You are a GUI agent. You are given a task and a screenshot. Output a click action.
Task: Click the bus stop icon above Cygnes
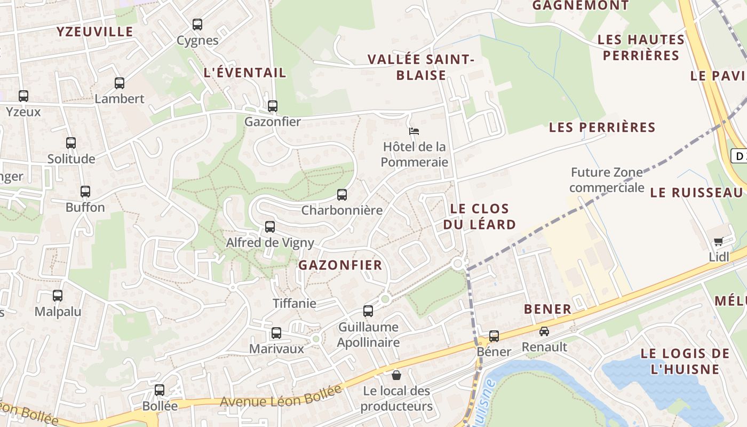tap(197, 25)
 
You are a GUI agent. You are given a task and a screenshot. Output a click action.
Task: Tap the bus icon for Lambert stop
tap(120, 83)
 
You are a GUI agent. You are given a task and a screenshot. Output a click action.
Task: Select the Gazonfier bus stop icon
tap(273, 106)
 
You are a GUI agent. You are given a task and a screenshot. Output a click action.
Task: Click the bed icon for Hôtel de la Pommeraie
tap(414, 131)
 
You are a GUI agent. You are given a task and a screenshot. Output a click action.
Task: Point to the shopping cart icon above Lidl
tap(719, 242)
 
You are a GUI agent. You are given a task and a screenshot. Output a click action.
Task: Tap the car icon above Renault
tap(544, 331)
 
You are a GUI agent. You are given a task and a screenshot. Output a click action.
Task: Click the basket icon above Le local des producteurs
tap(396, 375)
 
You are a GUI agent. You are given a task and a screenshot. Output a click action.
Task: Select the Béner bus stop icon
tap(494, 336)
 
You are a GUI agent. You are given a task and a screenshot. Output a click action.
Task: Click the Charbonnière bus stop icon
tap(342, 195)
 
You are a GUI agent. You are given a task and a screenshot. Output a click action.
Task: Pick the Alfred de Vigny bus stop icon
tap(270, 227)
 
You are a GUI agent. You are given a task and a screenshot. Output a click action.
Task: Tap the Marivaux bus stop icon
tap(276, 333)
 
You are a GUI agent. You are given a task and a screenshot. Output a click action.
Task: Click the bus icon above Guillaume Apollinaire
tap(368, 311)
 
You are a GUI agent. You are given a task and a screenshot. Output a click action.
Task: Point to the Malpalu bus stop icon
tap(58, 296)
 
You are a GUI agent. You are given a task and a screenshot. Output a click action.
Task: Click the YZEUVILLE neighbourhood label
tap(95, 31)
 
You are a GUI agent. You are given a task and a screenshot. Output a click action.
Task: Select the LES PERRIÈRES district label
tap(602, 128)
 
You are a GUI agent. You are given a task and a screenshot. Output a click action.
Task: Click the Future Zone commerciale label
tap(607, 180)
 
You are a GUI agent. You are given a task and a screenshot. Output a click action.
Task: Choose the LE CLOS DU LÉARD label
tap(479, 216)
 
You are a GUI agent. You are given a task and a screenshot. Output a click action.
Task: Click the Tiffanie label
tap(295, 304)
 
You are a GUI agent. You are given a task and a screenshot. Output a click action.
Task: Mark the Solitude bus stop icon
tap(71, 143)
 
